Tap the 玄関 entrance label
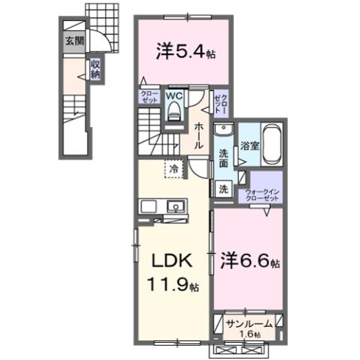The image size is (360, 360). [74, 42]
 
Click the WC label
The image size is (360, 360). [172, 96]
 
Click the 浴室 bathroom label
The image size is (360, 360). [250, 147]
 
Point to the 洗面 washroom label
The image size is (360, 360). [224, 159]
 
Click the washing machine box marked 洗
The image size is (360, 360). [223, 190]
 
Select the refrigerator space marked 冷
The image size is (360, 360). [174, 169]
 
